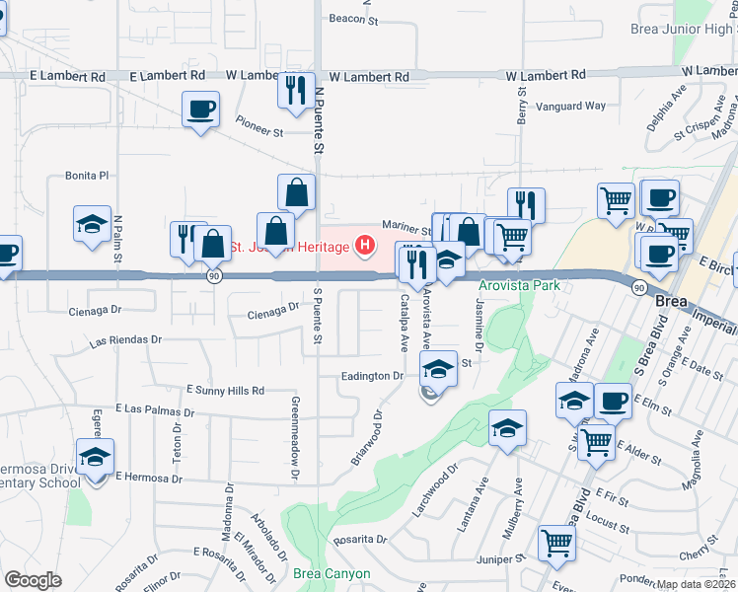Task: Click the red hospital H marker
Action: point(366,245)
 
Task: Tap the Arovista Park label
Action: point(519,286)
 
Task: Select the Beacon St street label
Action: point(354,19)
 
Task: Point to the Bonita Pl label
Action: point(86,175)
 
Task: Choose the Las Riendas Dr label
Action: point(125,340)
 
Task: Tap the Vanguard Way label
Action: point(570,106)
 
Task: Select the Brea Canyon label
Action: point(332,573)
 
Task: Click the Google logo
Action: point(33,579)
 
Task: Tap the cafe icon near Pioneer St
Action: point(201,109)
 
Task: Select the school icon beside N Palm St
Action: point(92,223)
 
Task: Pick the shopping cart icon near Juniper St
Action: point(556,543)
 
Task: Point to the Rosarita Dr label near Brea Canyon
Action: point(358,540)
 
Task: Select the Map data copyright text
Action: point(695,584)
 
